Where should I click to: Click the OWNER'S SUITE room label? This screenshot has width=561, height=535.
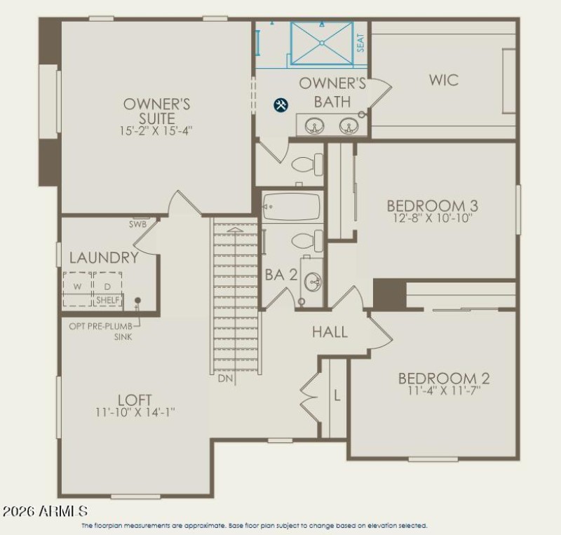tap(157, 111)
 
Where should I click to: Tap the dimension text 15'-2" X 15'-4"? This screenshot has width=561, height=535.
tap(156, 130)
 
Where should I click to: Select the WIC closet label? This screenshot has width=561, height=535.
tap(444, 79)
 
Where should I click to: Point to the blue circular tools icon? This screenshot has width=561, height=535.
tap(280, 105)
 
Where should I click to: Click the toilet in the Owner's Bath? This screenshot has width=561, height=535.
tap(305, 165)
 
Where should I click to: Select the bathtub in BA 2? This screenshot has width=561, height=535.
tap(291, 207)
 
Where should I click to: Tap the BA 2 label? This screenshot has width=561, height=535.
tap(280, 276)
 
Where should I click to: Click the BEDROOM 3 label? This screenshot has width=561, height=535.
tap(433, 205)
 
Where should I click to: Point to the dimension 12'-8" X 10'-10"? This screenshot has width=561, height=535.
tap(432, 218)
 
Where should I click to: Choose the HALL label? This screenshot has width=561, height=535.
tap(330, 332)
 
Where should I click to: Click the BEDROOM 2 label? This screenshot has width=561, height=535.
tap(444, 379)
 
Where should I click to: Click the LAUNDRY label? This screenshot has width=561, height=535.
tap(104, 258)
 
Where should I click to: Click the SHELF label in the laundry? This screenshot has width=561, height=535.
tap(108, 300)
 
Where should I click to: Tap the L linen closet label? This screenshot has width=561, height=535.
tap(337, 395)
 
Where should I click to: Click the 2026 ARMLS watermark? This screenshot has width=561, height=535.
tap(46, 510)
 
